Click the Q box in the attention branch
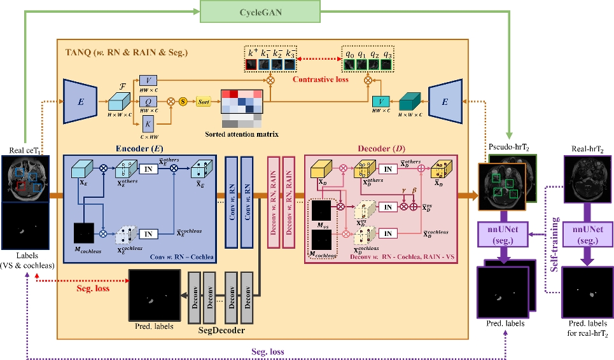(147, 100)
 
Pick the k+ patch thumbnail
(253, 65)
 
